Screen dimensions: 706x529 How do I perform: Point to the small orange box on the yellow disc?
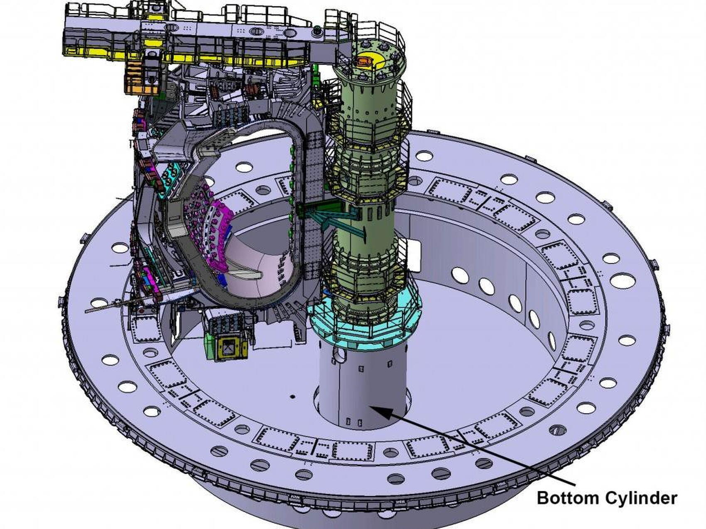pos(364,62)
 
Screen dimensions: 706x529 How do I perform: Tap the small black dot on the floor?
pos(292,397)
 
